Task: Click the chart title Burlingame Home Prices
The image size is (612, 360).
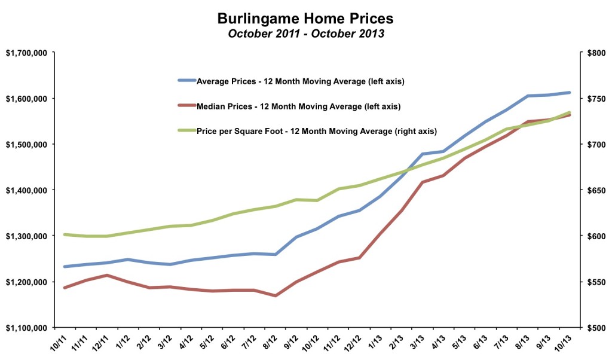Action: (x=305, y=17)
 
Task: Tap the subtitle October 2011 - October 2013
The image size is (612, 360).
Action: (x=305, y=33)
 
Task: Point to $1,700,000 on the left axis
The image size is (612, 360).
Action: (x=26, y=53)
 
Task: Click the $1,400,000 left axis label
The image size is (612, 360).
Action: (x=26, y=190)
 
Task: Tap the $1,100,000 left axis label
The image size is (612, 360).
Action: (x=26, y=328)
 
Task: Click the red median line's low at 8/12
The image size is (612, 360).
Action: (x=275, y=295)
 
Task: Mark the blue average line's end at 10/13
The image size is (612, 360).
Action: (x=570, y=93)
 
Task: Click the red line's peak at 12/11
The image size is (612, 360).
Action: (x=106, y=275)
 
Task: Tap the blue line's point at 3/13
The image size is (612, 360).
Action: (x=423, y=154)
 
